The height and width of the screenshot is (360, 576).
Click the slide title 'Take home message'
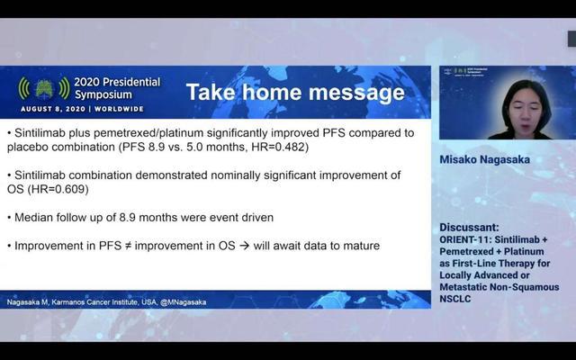(x=295, y=92)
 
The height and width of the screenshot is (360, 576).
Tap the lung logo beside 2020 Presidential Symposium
(x=44, y=88)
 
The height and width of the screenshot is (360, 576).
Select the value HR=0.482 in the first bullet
(x=280, y=147)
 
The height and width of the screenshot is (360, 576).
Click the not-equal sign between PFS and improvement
(x=128, y=246)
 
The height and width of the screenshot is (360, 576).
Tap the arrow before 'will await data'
(x=244, y=246)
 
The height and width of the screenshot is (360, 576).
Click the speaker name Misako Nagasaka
(x=484, y=159)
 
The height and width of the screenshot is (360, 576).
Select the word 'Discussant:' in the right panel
(x=469, y=228)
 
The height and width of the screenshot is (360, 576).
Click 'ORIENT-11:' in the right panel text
(x=465, y=239)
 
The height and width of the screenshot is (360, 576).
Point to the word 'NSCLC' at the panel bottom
(x=455, y=299)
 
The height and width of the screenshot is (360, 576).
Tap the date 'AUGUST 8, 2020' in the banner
(x=53, y=109)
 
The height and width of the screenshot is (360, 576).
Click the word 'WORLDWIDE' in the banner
(x=119, y=109)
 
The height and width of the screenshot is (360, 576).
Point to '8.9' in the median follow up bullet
(x=127, y=218)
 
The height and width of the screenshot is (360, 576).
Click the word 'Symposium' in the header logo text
(x=103, y=94)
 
